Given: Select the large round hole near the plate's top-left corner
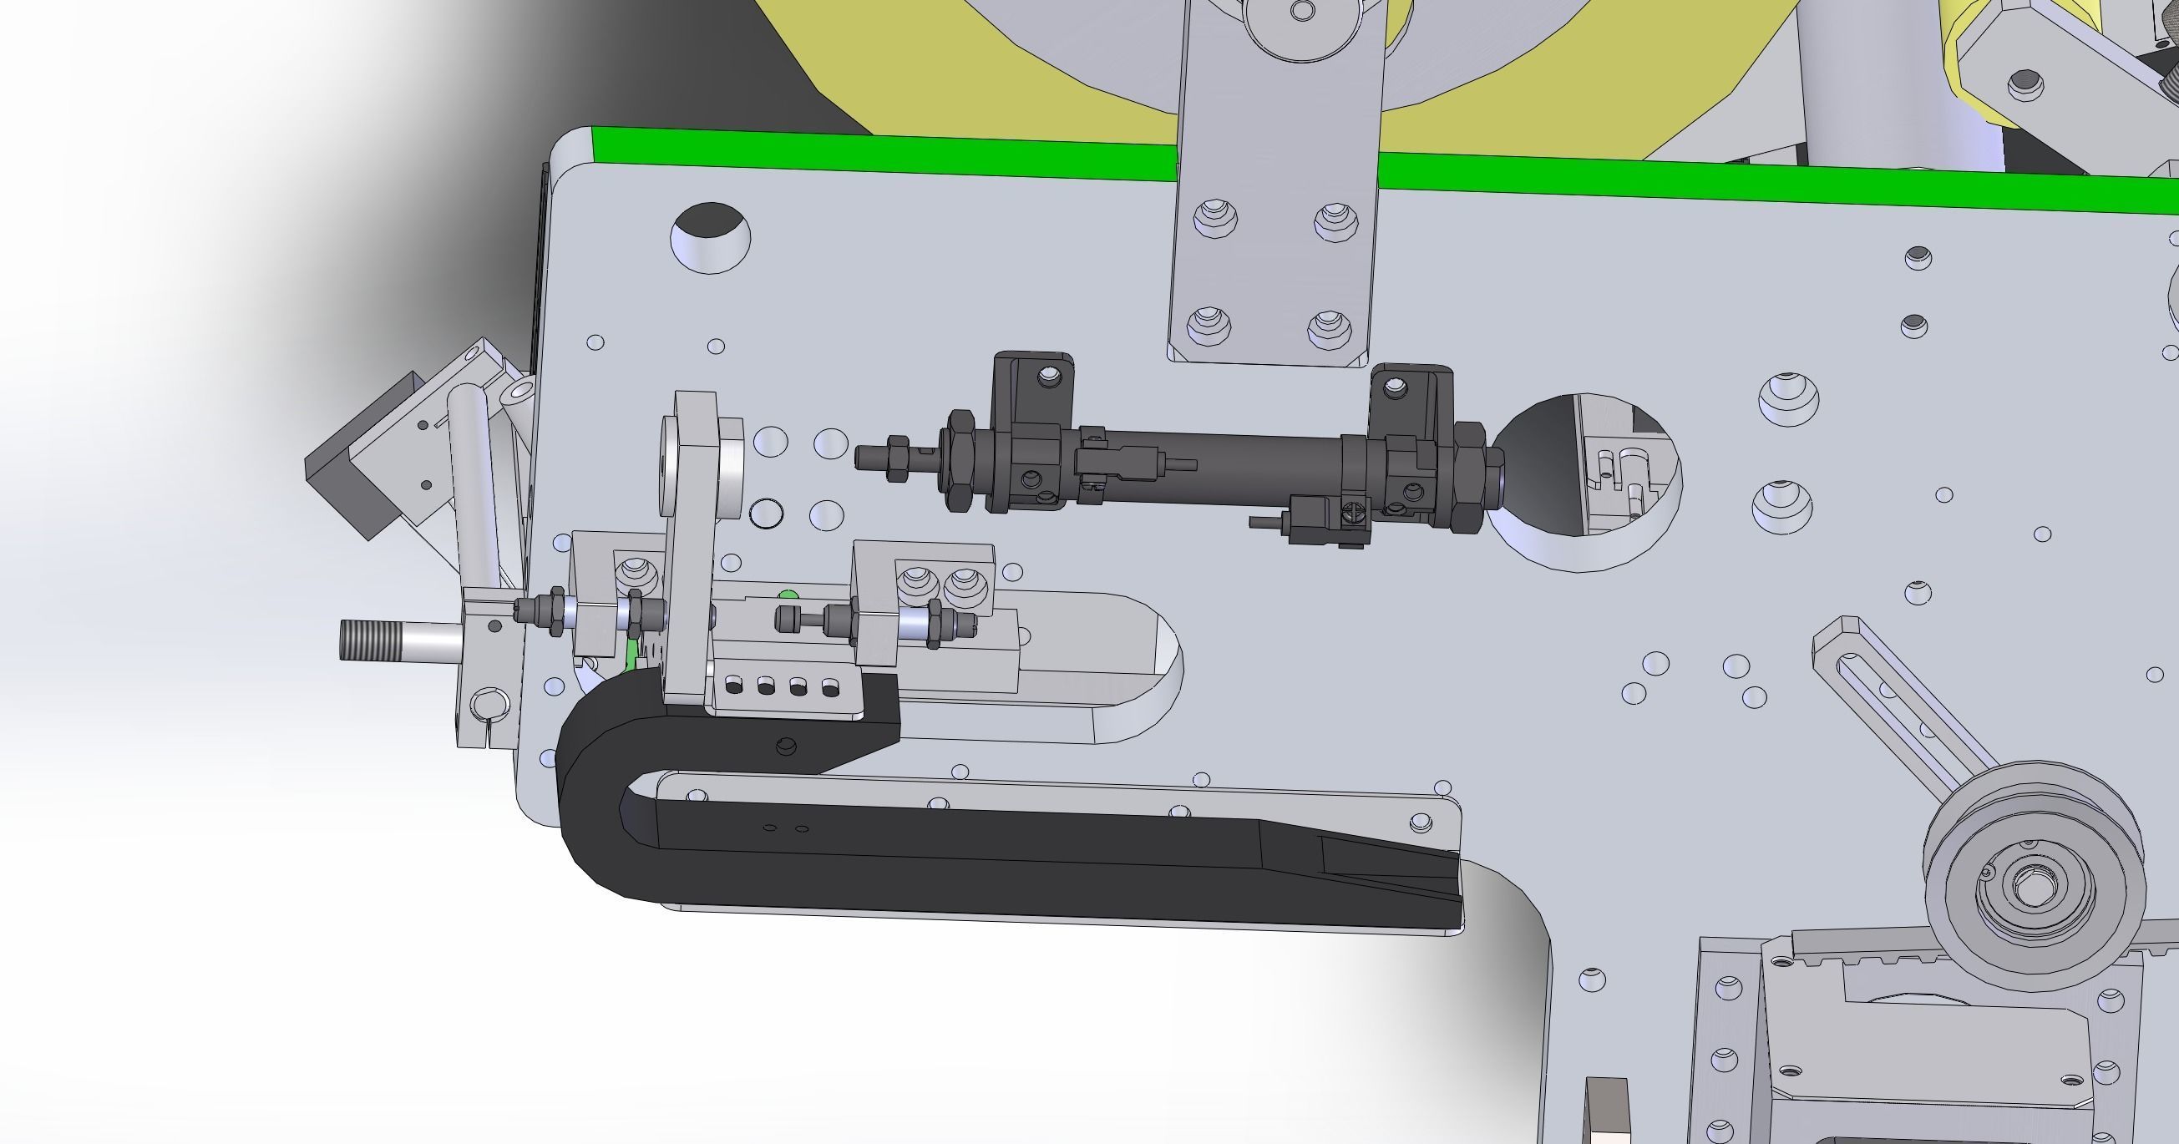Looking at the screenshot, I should (710, 238).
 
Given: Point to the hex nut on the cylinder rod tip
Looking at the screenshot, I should (899, 458).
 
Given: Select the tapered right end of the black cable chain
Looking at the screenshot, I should (1387, 875).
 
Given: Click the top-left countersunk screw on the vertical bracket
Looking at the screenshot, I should (1214, 217).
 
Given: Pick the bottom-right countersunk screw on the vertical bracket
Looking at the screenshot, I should (1327, 327).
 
